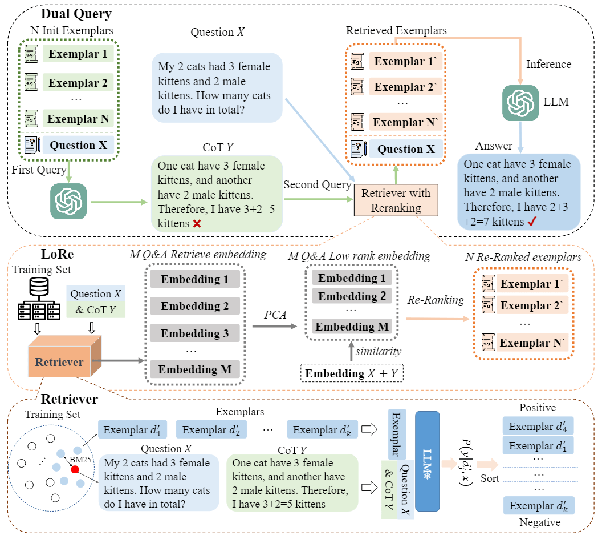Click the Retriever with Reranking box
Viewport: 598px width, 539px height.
[x=396, y=200]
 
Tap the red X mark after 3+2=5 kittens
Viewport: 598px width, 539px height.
[x=197, y=223]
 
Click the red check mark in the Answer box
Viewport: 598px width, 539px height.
[x=532, y=221]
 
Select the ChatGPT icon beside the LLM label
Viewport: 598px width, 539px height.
[x=520, y=102]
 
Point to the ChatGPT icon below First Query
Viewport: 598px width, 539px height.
[x=68, y=202]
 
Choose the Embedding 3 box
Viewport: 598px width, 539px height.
[x=195, y=333]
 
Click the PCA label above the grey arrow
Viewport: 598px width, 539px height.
[x=275, y=315]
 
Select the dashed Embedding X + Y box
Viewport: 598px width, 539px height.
[x=352, y=373]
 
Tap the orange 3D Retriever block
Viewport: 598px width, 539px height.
[x=64, y=356]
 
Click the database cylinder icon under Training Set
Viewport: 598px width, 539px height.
[x=39, y=286]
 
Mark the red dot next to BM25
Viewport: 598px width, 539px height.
[x=75, y=469]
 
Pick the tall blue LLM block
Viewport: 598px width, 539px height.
[x=427, y=461]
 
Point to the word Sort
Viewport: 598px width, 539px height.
[x=490, y=478]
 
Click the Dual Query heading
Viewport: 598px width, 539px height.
[x=76, y=14]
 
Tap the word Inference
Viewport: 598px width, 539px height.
[x=548, y=64]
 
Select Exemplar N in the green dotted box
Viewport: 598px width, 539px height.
[x=78, y=119]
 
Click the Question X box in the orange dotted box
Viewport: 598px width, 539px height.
[x=406, y=149]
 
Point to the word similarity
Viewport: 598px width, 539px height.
[x=379, y=351]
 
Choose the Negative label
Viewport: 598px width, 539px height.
[x=540, y=522]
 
